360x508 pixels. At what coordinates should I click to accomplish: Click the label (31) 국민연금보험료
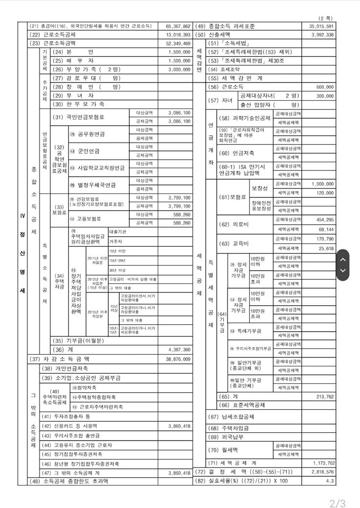tap(78, 117)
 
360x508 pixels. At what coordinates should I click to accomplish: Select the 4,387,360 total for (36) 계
tap(178, 350)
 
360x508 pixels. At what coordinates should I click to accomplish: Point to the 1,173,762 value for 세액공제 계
tap(321, 463)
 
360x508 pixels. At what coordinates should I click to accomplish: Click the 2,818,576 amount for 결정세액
tap(321, 472)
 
